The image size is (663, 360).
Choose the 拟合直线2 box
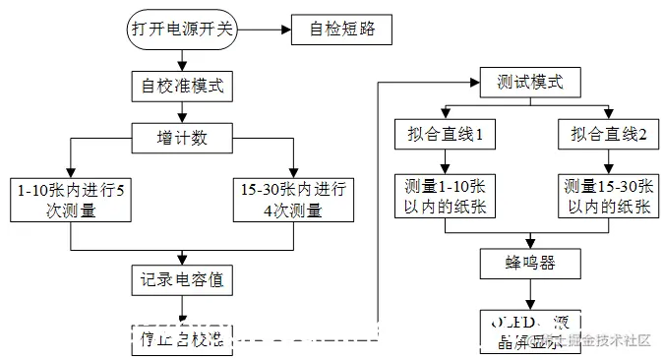(x=607, y=135)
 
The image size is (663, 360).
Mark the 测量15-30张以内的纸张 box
(x=607, y=195)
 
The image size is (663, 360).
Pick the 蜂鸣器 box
(x=532, y=263)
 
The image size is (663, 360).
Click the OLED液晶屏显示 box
(x=532, y=332)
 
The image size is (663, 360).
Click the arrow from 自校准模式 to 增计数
(x=182, y=109)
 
